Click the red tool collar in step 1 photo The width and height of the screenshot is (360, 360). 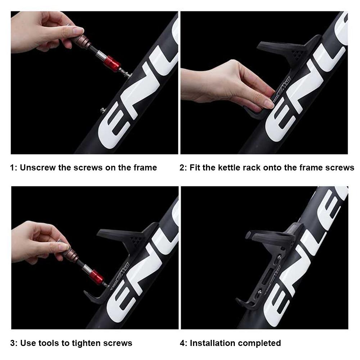click(113, 64)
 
